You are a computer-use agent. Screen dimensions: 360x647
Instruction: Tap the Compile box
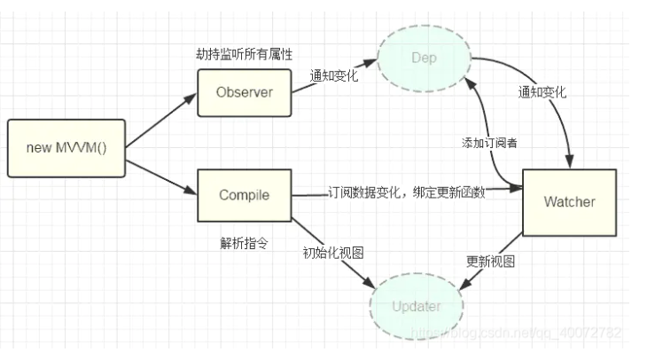pos(244,195)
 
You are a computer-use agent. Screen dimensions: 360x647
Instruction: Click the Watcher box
pos(568,202)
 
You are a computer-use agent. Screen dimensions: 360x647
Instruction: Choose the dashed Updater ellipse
pos(416,307)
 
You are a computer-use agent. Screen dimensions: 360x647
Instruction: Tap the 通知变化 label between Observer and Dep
pos(333,75)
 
